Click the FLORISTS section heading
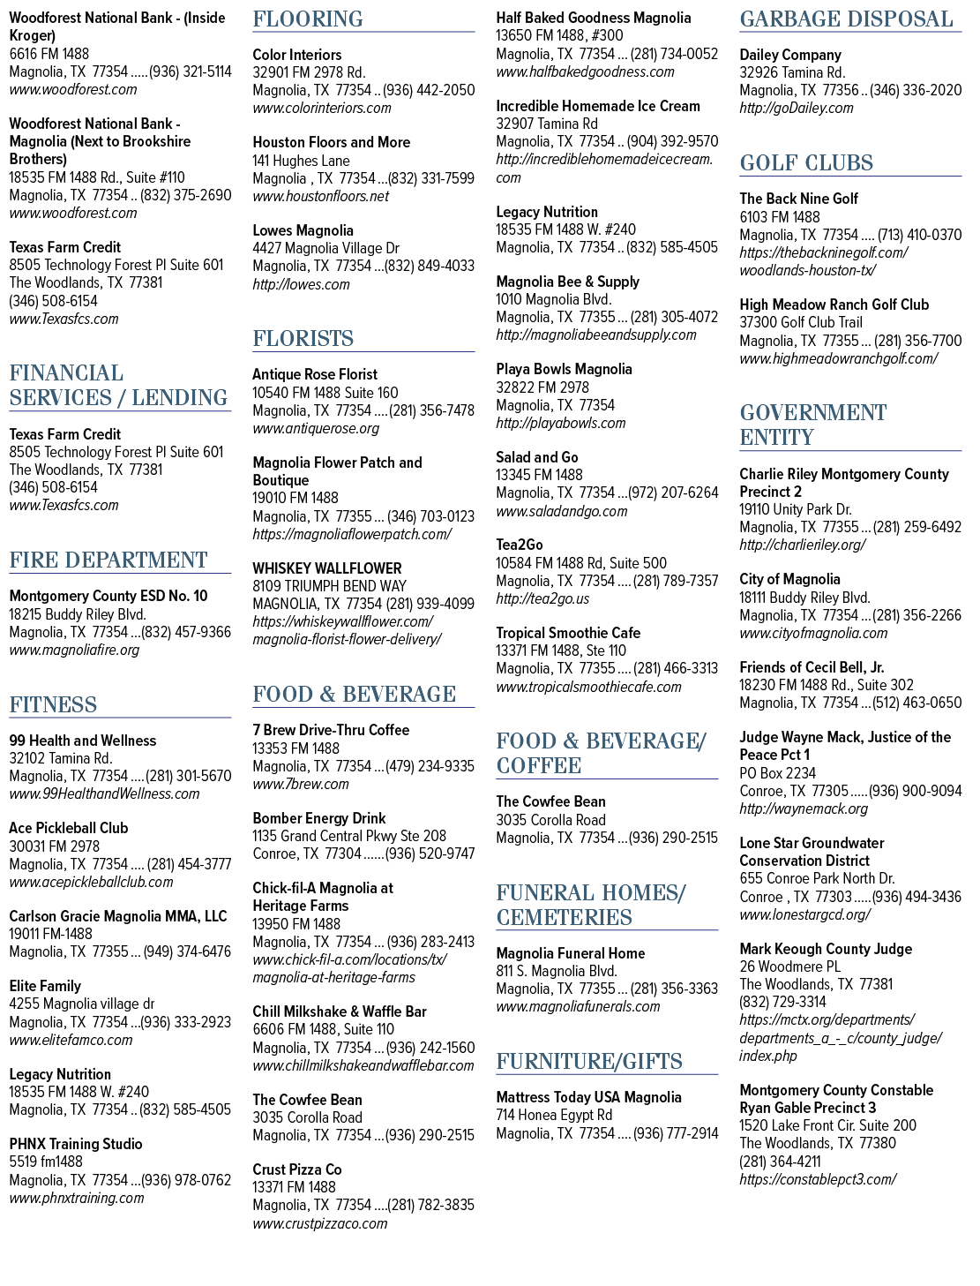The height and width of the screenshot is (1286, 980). coord(303,339)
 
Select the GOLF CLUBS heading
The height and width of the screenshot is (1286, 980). coord(806,163)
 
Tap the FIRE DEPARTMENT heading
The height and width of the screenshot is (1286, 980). coord(108,560)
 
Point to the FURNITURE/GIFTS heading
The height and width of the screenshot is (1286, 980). coord(589,1061)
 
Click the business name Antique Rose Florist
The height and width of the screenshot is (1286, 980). coord(314,374)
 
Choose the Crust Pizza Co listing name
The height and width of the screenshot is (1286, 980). coord(296,1169)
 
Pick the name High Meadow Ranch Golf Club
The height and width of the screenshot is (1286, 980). coord(834,305)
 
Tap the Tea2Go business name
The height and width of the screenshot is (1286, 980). coord(520,545)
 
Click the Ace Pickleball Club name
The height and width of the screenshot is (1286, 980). coord(69,828)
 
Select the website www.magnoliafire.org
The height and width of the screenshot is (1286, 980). coord(74,650)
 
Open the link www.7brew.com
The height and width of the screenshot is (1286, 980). coord(300,784)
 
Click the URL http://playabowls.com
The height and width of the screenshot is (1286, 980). coord(561,423)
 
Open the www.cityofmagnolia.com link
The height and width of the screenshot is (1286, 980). coord(813,633)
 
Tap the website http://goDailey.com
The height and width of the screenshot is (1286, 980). coord(797,108)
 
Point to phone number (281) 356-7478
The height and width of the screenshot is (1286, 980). coord(431,410)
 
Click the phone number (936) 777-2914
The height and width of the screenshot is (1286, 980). coord(675,1133)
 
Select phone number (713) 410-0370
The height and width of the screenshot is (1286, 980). coord(919,235)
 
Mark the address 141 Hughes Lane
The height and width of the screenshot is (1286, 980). coord(301,161)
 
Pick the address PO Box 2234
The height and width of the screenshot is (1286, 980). coord(777,773)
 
